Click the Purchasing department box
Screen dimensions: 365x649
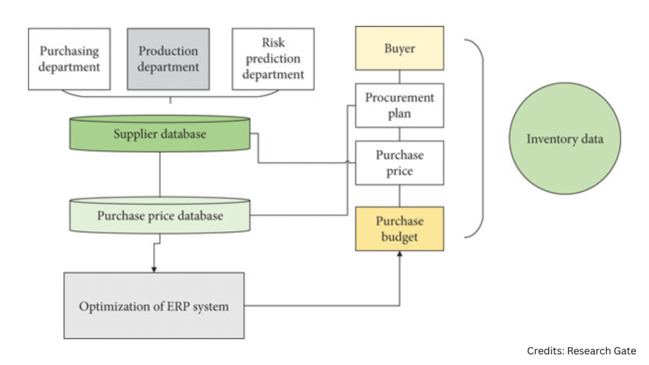[69, 58]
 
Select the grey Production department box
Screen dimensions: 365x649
[168, 58]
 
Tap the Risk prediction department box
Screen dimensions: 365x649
[273, 58]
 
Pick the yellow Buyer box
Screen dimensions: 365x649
[399, 48]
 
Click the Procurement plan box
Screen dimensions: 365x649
[399, 105]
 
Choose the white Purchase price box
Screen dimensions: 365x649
[399, 162]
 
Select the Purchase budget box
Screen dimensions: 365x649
[399, 228]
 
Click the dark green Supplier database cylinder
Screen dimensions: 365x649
[160, 134]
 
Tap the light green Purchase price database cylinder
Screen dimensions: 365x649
[160, 215]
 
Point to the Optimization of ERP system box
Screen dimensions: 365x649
[154, 306]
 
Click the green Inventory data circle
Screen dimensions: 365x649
[565, 139]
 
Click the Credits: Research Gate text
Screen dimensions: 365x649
[581, 350]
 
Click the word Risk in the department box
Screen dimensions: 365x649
[273, 43]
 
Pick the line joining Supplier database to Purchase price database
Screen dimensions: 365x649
[160, 174]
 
